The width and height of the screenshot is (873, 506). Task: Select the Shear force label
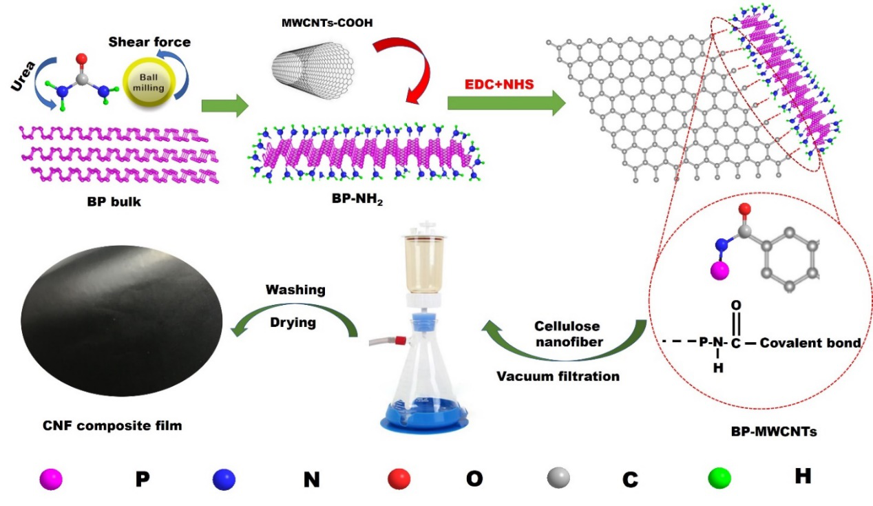[149, 41]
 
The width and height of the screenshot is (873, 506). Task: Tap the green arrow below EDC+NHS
[506, 103]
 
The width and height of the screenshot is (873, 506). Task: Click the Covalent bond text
[810, 342]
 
